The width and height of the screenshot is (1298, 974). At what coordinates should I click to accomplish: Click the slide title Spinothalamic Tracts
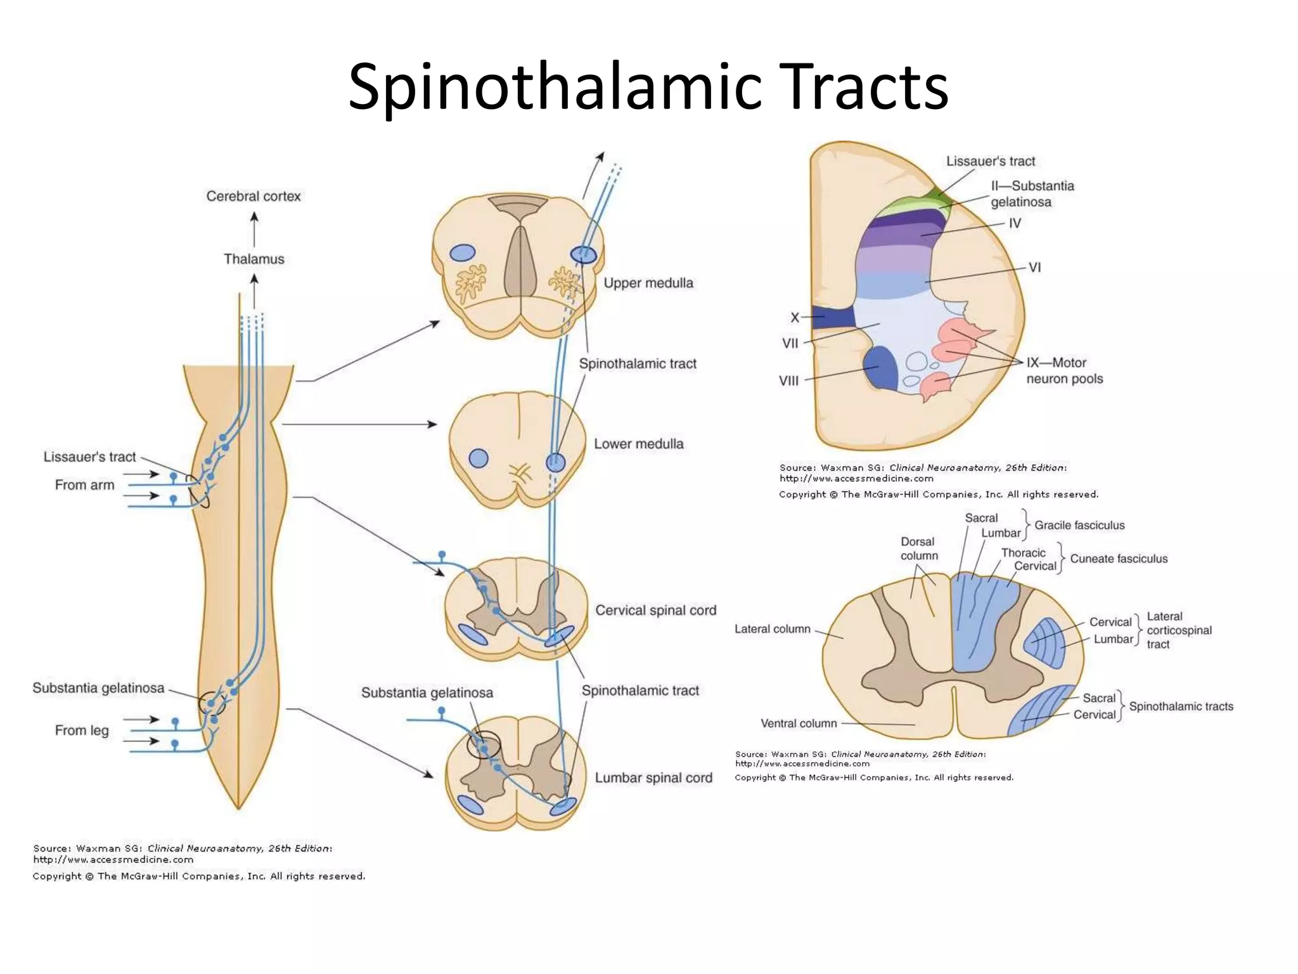[648, 87]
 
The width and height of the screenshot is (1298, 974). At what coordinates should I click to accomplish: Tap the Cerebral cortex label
[254, 197]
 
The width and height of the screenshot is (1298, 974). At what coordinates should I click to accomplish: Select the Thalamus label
[254, 259]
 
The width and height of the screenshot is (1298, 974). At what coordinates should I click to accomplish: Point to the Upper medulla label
[648, 283]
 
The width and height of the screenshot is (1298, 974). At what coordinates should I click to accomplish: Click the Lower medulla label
[638, 444]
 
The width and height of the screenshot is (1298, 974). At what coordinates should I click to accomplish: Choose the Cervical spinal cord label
[655, 610]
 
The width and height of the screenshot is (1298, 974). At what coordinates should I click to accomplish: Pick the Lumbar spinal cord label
[653, 777]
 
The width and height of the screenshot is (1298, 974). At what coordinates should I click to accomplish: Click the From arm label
[84, 485]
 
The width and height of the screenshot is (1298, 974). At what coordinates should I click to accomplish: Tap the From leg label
[82, 730]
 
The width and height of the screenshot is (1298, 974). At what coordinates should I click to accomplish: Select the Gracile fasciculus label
[1079, 525]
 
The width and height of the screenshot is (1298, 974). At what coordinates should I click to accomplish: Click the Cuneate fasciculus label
[1119, 559]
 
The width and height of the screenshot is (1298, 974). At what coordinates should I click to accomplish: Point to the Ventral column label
[799, 724]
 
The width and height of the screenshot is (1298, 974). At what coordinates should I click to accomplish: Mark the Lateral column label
[772, 629]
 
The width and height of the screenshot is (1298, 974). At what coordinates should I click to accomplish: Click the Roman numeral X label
[795, 317]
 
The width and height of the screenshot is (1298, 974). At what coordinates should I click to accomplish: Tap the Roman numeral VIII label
[788, 380]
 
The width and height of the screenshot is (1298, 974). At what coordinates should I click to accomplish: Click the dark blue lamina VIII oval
[880, 368]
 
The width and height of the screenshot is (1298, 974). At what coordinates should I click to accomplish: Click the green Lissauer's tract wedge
[943, 197]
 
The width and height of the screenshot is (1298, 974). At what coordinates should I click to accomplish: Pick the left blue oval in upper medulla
[462, 253]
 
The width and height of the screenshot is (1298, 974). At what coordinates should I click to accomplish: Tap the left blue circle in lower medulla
[479, 458]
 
